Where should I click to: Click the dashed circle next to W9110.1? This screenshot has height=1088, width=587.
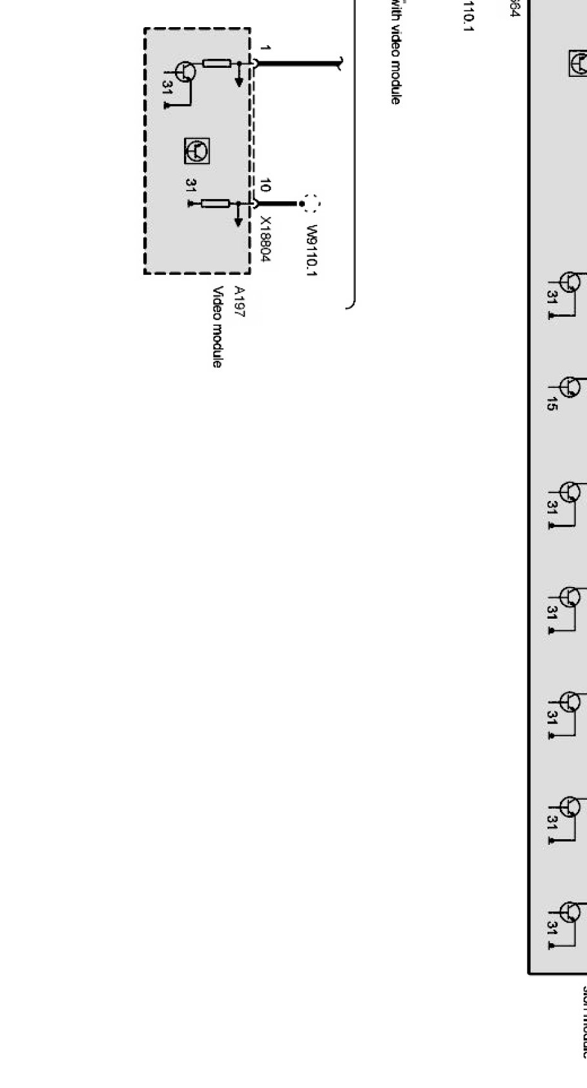tap(312, 204)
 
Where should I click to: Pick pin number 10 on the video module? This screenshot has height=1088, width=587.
tap(263, 186)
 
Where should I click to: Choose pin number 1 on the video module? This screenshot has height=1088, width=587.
tap(265, 48)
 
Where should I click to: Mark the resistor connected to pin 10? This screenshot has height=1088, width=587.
tap(215, 204)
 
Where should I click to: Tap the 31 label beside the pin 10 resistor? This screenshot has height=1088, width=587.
tap(190, 186)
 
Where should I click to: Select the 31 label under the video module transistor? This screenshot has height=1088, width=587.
tap(167, 88)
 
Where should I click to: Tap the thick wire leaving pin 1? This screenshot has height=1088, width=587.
tap(297, 63)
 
